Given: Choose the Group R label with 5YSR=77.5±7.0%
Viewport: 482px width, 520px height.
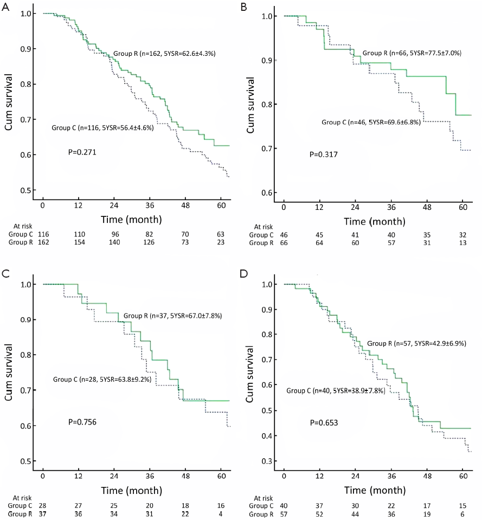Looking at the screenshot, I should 412,53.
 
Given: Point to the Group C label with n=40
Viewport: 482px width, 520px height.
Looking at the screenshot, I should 336,390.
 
